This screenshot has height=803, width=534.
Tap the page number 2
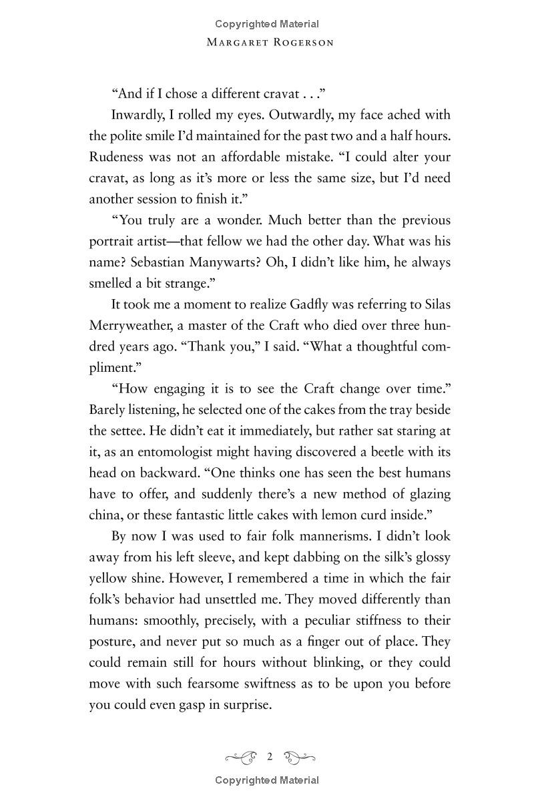(x=270, y=756)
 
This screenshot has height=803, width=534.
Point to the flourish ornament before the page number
(x=242, y=756)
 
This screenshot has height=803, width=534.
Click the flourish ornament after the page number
(x=299, y=756)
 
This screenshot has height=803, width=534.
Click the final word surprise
(x=248, y=705)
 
